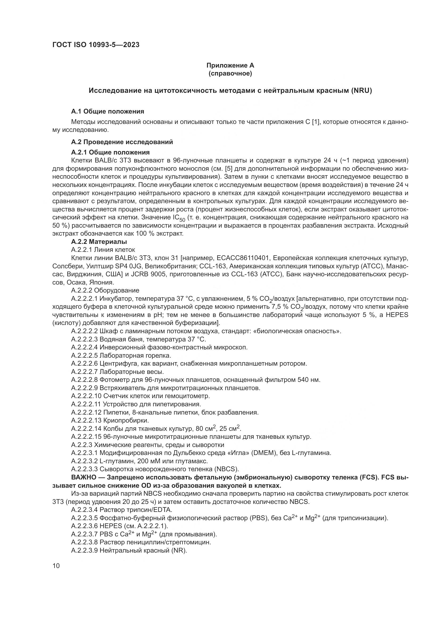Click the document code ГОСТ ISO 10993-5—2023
(x=96, y=45)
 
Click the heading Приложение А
(x=230, y=65)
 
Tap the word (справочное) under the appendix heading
(x=230, y=73)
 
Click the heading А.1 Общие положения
(x=107, y=111)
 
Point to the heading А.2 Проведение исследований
(x=122, y=142)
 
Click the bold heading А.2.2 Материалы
(x=99, y=241)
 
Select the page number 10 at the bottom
(x=56, y=566)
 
